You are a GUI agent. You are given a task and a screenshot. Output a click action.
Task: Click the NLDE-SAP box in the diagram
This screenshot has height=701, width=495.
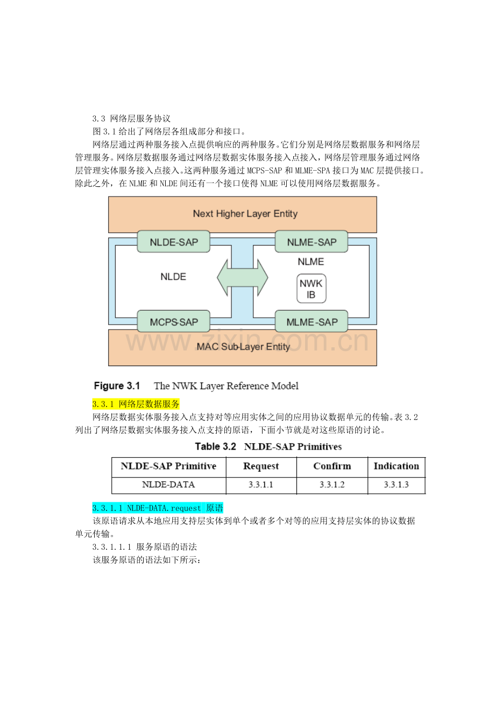pyautogui.click(x=174, y=242)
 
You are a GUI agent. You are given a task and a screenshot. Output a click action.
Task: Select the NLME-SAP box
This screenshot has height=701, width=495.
pyautogui.click(x=312, y=242)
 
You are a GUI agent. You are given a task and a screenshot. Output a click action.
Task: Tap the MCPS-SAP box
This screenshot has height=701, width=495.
pyautogui.click(x=174, y=321)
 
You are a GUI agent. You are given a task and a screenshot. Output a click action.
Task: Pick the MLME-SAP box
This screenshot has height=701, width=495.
pyautogui.click(x=312, y=321)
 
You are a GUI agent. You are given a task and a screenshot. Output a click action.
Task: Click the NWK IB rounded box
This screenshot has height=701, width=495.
pyautogui.click(x=311, y=289)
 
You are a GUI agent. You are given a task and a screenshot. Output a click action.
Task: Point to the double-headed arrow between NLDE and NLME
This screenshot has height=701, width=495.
pyautogui.click(x=242, y=278)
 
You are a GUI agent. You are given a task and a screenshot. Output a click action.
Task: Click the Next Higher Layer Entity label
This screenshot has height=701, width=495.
pyautogui.click(x=245, y=214)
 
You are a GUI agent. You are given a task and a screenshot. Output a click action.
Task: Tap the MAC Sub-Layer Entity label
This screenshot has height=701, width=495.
pyautogui.click(x=243, y=347)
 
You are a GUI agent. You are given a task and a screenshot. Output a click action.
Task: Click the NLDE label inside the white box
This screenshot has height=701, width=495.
pyautogui.click(x=173, y=277)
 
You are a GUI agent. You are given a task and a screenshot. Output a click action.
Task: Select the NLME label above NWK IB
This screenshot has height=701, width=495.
pyautogui.click(x=311, y=262)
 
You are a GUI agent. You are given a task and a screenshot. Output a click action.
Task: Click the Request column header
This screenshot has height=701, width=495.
pyautogui.click(x=261, y=466)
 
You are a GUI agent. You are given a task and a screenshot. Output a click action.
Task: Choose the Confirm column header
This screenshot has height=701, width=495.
pyautogui.click(x=332, y=466)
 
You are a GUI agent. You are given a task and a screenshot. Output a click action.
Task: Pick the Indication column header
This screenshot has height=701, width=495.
pyautogui.click(x=396, y=466)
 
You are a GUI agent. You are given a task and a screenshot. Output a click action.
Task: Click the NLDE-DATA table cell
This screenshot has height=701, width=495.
pyautogui.click(x=168, y=485)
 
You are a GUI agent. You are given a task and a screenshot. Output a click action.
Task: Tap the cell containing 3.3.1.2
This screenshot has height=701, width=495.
pyautogui.click(x=332, y=485)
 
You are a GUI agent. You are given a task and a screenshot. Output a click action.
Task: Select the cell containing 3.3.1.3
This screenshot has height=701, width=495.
pyautogui.click(x=396, y=485)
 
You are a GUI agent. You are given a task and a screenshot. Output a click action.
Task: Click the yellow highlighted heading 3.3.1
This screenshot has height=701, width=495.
pyautogui.click(x=136, y=404)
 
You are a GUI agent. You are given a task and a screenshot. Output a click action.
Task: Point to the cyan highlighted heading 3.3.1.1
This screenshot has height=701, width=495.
pyautogui.click(x=158, y=508)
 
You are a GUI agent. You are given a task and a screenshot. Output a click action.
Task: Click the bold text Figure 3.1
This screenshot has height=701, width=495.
pyautogui.click(x=117, y=386)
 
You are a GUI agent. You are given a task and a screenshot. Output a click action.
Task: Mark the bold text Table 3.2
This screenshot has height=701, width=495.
pyautogui.click(x=215, y=446)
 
